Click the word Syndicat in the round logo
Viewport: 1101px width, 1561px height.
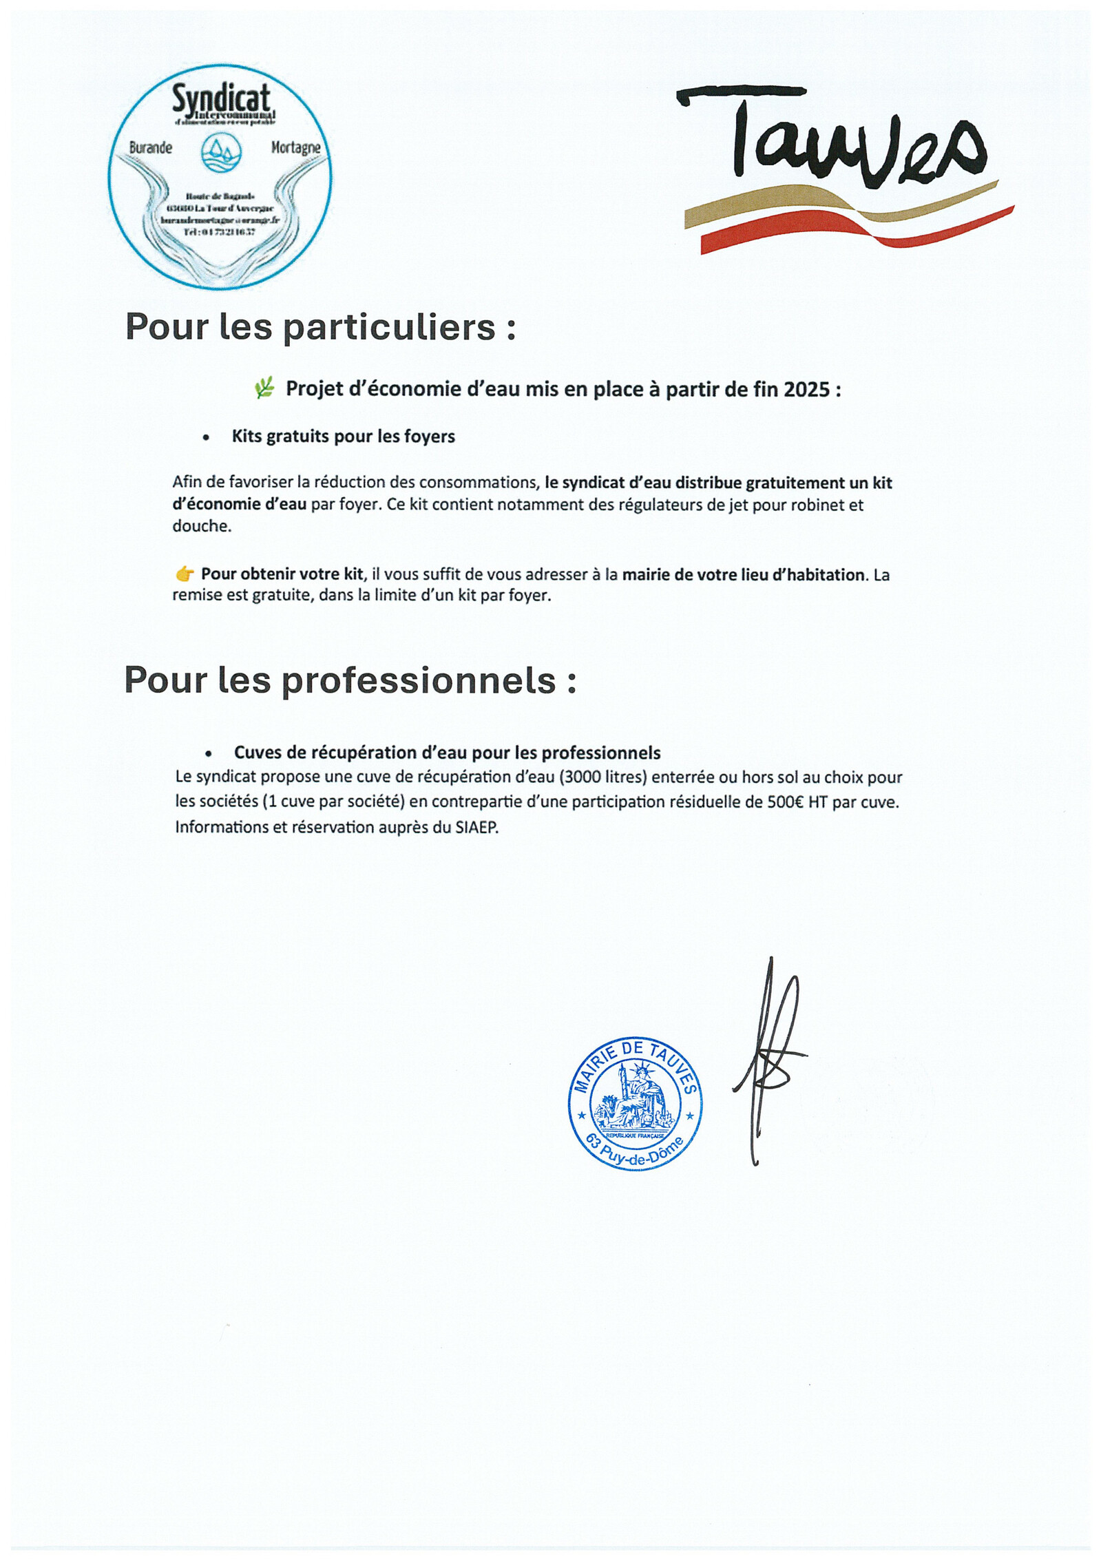(x=220, y=98)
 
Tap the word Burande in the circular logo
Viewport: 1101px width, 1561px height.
(x=151, y=147)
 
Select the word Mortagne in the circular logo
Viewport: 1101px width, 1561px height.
(x=295, y=147)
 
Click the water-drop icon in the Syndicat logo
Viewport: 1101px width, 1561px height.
(x=221, y=152)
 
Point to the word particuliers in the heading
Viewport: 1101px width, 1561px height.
(x=389, y=326)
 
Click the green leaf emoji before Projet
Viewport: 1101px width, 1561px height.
(x=264, y=388)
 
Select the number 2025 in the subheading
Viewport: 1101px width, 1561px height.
(x=806, y=390)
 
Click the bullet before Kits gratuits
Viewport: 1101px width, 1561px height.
(x=206, y=437)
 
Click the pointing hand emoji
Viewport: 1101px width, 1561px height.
(x=184, y=574)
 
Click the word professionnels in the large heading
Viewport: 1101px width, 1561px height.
(x=419, y=680)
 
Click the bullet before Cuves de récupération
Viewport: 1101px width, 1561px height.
(x=208, y=754)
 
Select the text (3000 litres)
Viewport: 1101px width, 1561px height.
(x=603, y=777)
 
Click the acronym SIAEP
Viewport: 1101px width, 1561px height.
(x=476, y=827)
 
